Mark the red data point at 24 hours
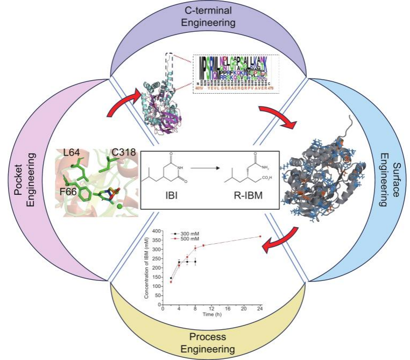coord(260,236)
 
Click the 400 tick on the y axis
coord(158,231)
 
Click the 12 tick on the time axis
coord(211,308)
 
